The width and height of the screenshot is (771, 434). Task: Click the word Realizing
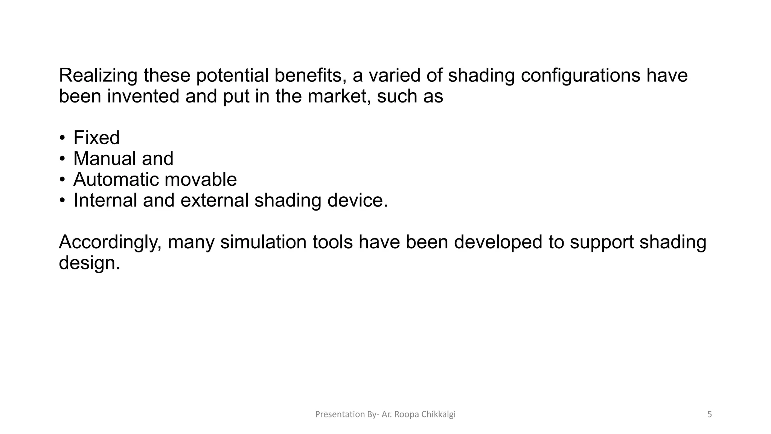coord(98,76)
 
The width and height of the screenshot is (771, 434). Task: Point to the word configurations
coord(580,76)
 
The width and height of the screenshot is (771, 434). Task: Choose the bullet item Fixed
coord(96,138)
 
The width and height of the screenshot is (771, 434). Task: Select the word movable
coord(201,179)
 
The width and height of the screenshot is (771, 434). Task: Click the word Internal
coord(105,200)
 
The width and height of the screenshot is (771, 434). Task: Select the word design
coord(89,263)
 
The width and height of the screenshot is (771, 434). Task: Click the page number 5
coord(709,414)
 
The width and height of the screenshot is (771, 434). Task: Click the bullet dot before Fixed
coord(62,138)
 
